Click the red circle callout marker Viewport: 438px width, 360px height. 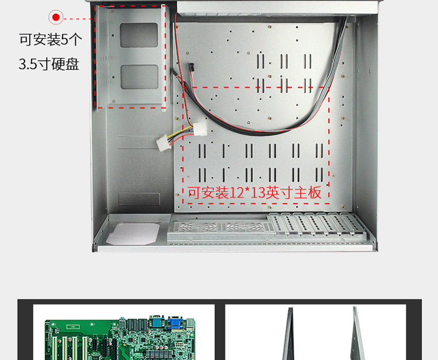[56, 18]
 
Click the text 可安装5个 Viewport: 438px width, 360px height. [51, 40]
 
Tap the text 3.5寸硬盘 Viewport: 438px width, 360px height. [49, 64]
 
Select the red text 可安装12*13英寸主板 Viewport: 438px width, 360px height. [255, 193]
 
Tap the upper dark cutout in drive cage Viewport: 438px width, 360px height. [138, 35]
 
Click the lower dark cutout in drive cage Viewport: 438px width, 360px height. [138, 77]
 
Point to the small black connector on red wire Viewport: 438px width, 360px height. [190, 68]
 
